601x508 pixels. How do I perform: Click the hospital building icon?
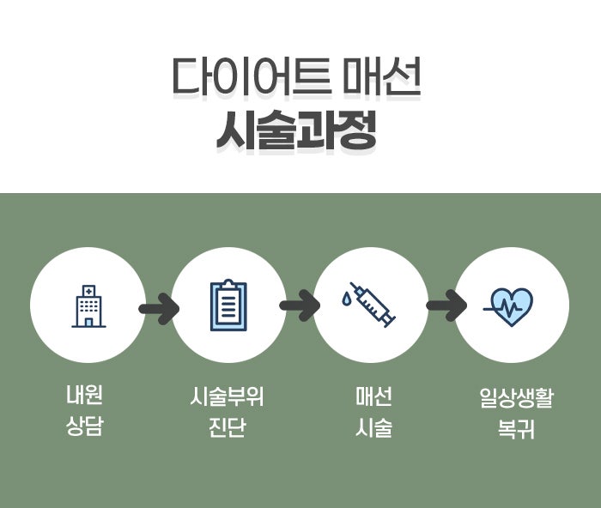[88, 305]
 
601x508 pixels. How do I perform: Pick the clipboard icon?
[228, 305]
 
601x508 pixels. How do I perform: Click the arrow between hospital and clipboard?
[158, 306]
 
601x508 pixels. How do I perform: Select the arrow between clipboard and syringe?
[300, 306]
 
